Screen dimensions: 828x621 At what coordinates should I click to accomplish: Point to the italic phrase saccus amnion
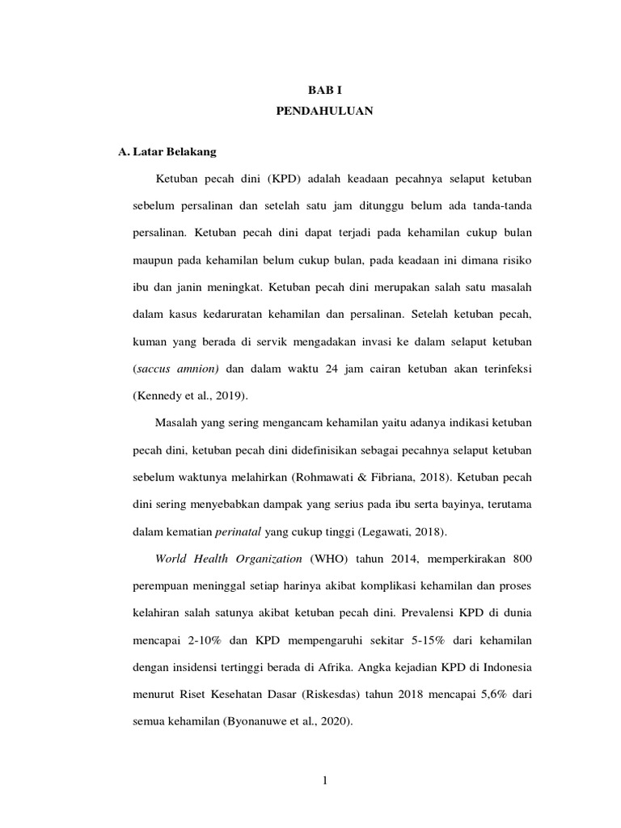tap(176, 369)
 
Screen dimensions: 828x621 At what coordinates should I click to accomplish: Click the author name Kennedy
tap(158, 396)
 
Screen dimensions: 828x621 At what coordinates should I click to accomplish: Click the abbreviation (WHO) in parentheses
tap(324, 559)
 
